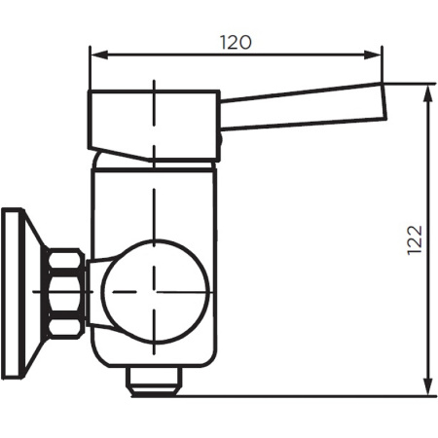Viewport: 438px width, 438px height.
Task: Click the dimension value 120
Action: [x=236, y=42]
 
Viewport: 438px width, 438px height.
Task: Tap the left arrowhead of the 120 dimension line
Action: [x=95, y=55]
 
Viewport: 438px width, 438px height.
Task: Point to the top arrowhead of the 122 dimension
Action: [x=429, y=91]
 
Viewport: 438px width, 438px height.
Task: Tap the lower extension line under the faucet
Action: [x=292, y=396]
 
